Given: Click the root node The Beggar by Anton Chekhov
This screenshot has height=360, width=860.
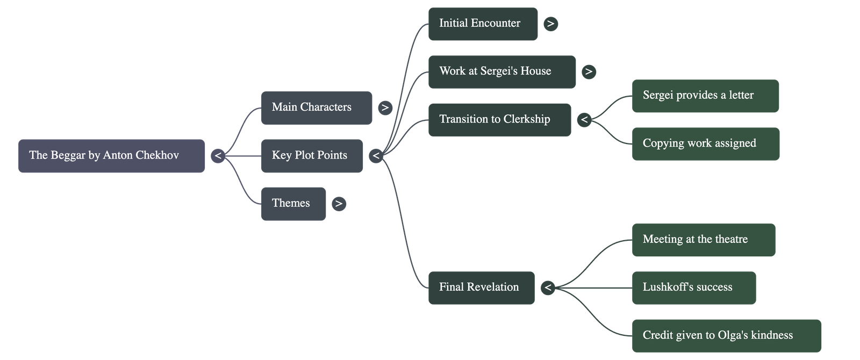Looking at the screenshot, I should [x=111, y=156].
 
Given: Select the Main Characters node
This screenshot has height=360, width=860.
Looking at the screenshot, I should [x=316, y=107].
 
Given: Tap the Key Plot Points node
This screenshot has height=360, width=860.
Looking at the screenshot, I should [x=311, y=156].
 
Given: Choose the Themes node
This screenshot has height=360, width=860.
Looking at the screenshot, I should [x=293, y=204].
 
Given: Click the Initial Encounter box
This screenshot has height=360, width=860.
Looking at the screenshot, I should [x=482, y=24].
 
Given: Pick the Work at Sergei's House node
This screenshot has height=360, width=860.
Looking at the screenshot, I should [x=501, y=71].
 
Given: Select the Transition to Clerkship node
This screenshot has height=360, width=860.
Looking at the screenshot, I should [x=499, y=119].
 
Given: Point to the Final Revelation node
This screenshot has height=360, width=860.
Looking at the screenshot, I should [x=481, y=287].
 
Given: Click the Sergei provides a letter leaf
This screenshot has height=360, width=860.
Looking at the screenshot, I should [x=705, y=96].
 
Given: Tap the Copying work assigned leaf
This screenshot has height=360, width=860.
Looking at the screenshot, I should [x=705, y=143].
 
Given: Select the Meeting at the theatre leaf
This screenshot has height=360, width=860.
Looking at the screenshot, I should [x=703, y=240].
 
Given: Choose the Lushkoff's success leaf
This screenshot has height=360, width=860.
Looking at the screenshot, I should [x=693, y=287].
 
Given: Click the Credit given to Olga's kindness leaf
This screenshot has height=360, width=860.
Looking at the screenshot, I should [x=726, y=335].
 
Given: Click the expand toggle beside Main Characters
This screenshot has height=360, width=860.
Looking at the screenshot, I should [x=385, y=108].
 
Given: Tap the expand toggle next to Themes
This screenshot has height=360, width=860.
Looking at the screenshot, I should [x=339, y=204].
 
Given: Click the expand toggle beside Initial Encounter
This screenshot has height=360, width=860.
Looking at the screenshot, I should [x=550, y=24].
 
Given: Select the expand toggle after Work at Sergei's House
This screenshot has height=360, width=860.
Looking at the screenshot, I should [x=589, y=72].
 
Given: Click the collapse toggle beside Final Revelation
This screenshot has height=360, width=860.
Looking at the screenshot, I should [x=548, y=288].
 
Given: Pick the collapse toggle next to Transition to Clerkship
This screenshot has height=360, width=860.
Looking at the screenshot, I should [x=584, y=120].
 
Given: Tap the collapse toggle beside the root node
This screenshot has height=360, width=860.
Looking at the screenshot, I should [x=218, y=156].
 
